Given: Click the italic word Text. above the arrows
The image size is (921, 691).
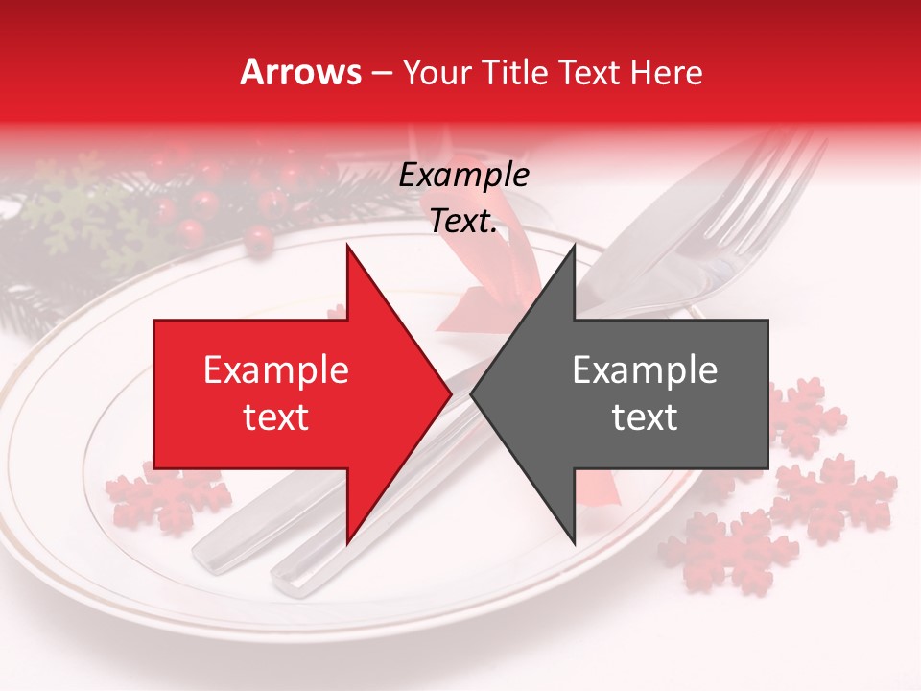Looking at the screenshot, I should point(464,222).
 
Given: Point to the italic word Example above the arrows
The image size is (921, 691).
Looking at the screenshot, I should point(464,176).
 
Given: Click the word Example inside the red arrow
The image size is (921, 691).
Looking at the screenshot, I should point(276,370).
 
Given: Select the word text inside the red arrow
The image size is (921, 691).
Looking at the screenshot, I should point(276,417).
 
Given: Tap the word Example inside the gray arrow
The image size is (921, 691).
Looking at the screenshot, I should point(645,370).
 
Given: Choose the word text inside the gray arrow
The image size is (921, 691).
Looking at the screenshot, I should point(645,417).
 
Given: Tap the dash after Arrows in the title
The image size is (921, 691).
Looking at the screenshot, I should point(381,72).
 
